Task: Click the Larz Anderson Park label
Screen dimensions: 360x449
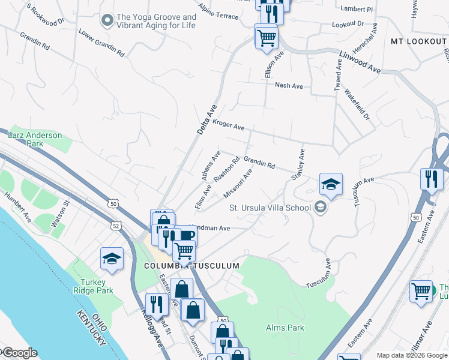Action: click(x=35, y=139)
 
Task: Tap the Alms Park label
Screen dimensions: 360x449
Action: click(x=285, y=328)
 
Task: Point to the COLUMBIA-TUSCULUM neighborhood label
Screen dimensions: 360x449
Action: click(x=191, y=265)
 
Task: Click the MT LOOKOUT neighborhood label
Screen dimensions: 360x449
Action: click(x=418, y=41)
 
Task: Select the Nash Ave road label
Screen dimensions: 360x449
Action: click(x=289, y=86)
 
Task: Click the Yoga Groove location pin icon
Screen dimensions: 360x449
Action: click(x=107, y=22)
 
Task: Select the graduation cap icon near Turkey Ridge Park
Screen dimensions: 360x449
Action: click(x=112, y=258)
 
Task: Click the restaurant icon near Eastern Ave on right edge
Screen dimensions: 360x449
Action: click(x=431, y=178)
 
